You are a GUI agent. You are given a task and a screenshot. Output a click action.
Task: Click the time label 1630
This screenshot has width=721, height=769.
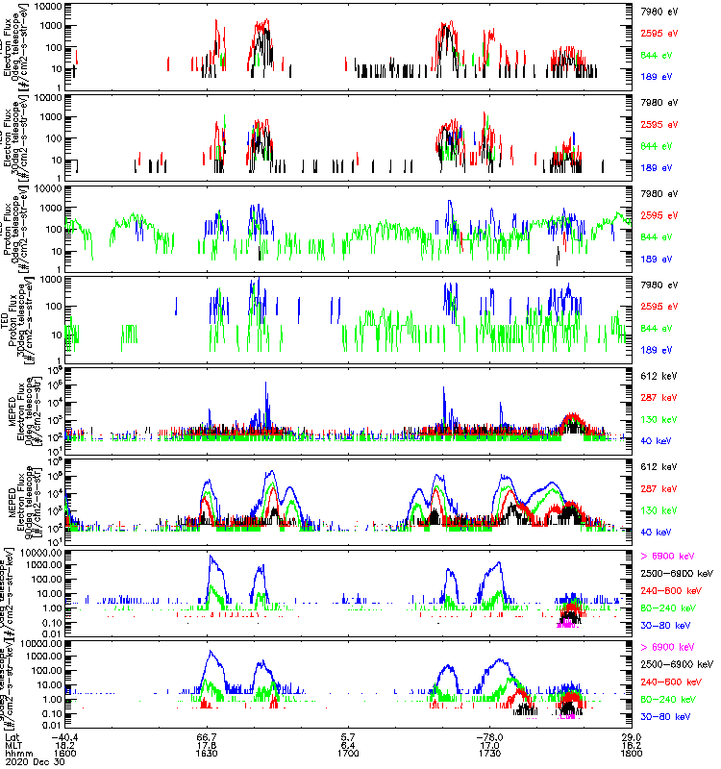[207, 753]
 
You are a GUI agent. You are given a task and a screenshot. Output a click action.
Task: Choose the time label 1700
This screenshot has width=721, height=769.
[349, 753]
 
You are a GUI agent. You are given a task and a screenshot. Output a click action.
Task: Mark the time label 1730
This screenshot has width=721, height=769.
[490, 753]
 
